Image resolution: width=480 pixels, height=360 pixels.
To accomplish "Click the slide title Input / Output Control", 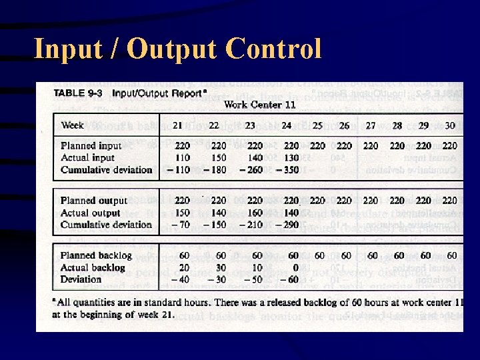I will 177,49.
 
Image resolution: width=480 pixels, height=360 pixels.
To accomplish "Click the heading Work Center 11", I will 259,104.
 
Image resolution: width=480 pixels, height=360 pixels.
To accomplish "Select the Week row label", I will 72,125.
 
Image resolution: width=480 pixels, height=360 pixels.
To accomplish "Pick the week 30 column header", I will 450,125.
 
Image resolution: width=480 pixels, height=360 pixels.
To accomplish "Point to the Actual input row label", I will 87,157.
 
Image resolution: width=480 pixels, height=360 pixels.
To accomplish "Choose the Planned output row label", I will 93,200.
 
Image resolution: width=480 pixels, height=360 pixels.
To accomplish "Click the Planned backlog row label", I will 96,255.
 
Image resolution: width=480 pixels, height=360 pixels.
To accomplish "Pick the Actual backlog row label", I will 92,267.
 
